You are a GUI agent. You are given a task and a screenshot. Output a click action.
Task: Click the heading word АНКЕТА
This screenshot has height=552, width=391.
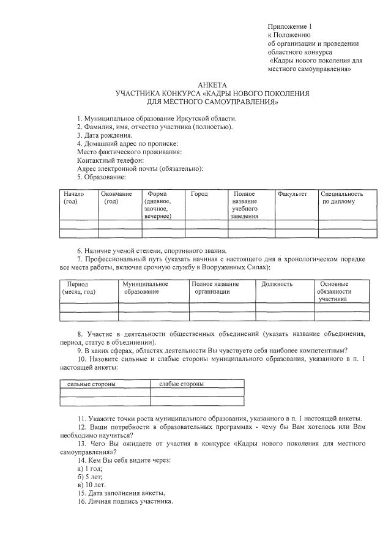coord(212,84)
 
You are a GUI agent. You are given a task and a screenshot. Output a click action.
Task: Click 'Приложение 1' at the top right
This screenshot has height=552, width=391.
coord(290,27)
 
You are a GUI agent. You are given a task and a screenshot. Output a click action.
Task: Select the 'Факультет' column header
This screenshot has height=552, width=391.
coord(292,194)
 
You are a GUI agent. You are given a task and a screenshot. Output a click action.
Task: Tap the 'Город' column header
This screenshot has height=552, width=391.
coord(199,194)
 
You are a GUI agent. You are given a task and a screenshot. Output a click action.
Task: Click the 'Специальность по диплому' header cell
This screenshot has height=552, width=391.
coord(342,198)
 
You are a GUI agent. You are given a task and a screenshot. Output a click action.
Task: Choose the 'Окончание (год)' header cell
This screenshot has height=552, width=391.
coord(116,198)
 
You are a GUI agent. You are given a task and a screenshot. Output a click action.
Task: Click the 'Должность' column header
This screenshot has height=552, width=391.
coord(277,284)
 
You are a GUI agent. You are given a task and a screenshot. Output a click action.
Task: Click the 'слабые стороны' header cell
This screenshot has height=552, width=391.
coord(181,384)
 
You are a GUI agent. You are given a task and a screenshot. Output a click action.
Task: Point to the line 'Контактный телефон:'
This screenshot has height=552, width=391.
coord(110,160)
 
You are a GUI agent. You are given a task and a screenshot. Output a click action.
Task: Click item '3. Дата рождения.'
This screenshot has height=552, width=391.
coord(104,135)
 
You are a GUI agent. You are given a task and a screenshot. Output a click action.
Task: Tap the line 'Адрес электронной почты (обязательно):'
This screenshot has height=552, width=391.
coord(140,168)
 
